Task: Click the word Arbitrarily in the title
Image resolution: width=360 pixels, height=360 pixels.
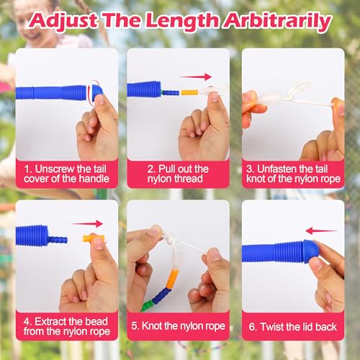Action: point(278,22)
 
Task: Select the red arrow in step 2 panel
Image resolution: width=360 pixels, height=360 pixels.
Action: point(196,77)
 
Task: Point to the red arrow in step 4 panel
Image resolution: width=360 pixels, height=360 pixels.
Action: point(87,224)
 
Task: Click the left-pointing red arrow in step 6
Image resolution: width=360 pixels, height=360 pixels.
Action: point(321,231)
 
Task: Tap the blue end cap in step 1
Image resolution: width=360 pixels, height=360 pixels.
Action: point(96,90)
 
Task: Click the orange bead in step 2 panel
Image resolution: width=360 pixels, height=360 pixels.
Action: point(189,92)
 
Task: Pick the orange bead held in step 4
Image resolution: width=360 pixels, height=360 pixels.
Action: point(94,238)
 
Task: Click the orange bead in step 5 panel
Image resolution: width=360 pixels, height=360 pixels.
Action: point(172,279)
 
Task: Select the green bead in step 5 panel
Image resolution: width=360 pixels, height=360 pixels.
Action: point(147,305)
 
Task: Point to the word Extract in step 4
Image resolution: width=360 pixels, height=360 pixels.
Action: point(50,322)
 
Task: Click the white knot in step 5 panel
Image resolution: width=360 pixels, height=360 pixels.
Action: point(170,238)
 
